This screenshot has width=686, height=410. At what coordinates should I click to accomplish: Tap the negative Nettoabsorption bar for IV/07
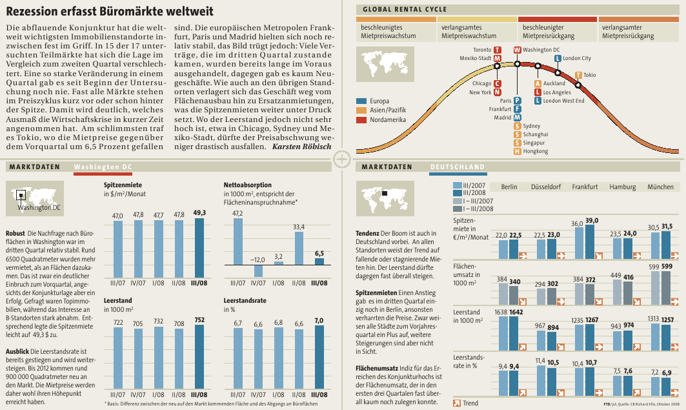point(258,271)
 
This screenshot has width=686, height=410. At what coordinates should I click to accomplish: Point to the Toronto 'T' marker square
point(498,50)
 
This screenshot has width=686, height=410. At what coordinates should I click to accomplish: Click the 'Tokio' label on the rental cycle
point(590,75)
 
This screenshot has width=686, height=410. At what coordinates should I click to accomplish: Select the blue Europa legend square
point(361,101)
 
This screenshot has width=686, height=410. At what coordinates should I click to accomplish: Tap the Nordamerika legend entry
point(387,120)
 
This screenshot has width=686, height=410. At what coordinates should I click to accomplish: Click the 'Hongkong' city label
point(536,151)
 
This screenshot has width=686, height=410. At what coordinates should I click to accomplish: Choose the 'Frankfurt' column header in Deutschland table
point(585,187)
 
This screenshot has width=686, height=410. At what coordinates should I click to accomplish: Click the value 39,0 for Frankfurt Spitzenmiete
point(591,221)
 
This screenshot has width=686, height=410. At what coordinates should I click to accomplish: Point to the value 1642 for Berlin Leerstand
point(515,312)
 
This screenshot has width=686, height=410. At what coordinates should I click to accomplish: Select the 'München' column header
point(660,187)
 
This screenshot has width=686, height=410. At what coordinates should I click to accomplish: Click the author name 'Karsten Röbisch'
point(301,147)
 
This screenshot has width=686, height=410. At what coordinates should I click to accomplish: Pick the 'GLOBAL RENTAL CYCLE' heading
point(405,9)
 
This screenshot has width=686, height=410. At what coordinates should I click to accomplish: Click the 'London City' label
point(576,58)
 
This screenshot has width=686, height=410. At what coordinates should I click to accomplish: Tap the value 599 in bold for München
point(667,267)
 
